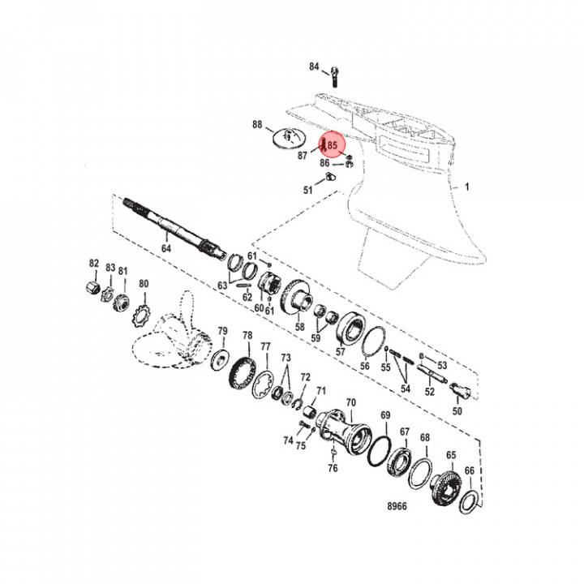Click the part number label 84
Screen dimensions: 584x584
click(x=314, y=67)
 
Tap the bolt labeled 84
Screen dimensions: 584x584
click(x=334, y=76)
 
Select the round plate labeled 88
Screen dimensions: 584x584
click(x=289, y=138)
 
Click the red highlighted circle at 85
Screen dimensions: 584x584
click(x=332, y=146)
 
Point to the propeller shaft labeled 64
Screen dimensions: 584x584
click(x=175, y=227)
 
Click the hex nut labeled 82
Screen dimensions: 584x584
click(x=92, y=287)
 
